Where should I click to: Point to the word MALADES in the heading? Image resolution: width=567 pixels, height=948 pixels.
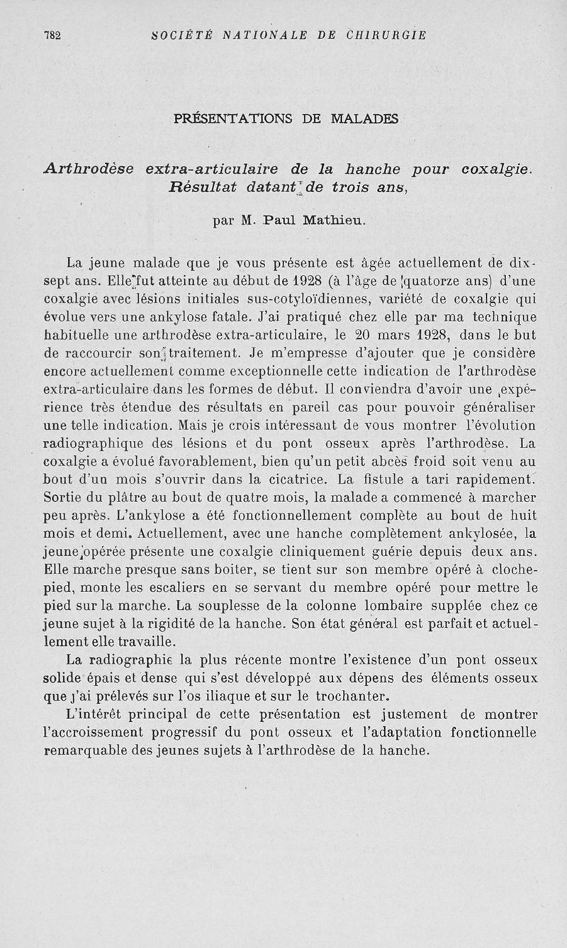(364, 119)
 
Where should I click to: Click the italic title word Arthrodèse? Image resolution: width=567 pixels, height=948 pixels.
(89, 169)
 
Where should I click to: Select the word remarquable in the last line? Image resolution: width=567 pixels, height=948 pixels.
(84, 750)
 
